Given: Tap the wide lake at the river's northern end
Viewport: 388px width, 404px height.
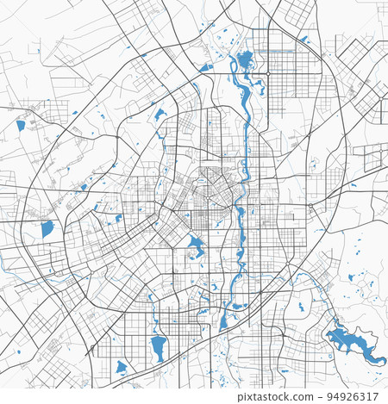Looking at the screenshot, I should [245, 60].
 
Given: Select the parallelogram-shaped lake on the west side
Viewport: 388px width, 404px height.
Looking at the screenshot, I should [47, 229].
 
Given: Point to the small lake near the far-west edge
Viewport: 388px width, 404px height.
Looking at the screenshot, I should [21, 125].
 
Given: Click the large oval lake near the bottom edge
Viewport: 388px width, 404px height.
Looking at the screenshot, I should [158, 347].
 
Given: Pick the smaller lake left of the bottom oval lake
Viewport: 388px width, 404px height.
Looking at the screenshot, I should [122, 366].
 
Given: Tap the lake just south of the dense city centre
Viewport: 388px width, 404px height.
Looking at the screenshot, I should [195, 246].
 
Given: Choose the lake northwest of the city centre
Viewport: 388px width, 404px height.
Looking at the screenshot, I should [160, 115].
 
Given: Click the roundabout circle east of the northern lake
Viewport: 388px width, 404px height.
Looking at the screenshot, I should [268, 74].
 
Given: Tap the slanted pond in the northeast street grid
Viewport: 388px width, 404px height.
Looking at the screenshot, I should [304, 39].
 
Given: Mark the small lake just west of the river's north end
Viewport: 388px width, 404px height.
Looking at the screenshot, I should [205, 66].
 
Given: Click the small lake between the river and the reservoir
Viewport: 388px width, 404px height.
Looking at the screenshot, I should [300, 306].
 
